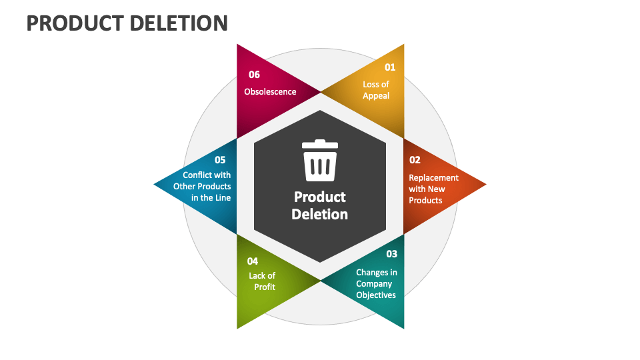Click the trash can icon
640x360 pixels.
pos(320,161)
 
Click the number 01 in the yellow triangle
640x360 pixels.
pos(390,67)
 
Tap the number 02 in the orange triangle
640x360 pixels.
pos(415,160)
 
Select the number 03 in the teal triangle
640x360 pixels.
pos(391,254)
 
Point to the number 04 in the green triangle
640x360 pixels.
pos(253,261)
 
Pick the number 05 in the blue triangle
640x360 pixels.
pos(220,160)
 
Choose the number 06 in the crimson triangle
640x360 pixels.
pos(254,75)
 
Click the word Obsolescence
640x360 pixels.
pos(270,91)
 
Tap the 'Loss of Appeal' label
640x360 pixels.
pos(376,90)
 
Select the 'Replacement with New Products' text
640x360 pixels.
pos(433,189)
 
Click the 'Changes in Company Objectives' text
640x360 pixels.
pos(376,283)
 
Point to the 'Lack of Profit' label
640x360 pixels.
pos(263,281)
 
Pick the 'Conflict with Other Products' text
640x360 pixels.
pos(203,186)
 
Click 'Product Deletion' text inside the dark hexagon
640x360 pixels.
pos(320,205)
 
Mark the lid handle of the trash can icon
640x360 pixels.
pos(320,141)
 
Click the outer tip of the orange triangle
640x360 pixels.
pos(485,185)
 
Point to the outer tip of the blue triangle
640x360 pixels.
pos(155,184)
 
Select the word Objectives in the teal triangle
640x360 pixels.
pos(376,295)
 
